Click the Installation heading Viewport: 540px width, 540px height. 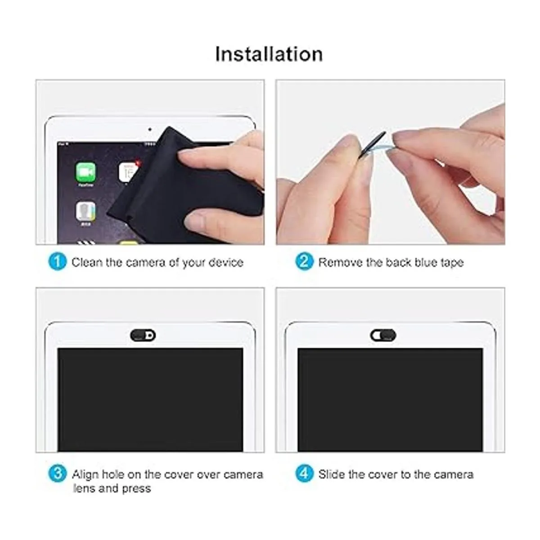pyautogui.click(x=269, y=54)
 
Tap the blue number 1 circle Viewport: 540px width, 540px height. pyautogui.click(x=58, y=262)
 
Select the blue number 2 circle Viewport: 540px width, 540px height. pyautogui.click(x=304, y=262)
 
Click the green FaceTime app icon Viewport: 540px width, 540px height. pyautogui.click(x=85, y=172)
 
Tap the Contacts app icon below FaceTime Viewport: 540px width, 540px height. pyautogui.click(x=85, y=211)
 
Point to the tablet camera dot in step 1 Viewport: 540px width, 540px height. pyautogui.click(x=150, y=129)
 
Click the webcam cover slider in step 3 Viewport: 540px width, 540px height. pyautogui.click(x=143, y=335)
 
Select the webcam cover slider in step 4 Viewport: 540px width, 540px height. pyautogui.click(x=383, y=335)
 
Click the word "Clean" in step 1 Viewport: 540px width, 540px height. pyautogui.click(x=87, y=262)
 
